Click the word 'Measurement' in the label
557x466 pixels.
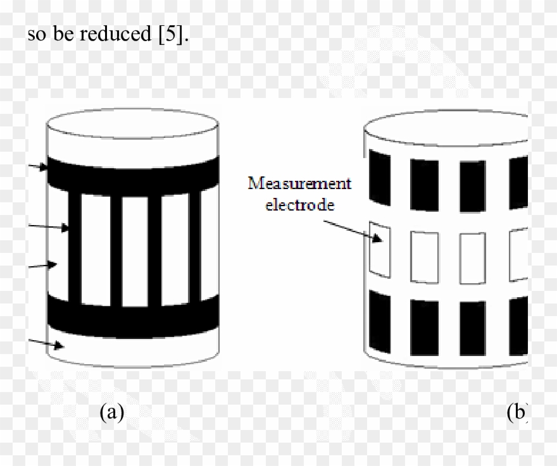[299, 184]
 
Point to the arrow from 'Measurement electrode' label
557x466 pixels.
[352, 228]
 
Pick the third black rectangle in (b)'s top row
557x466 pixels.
[472, 187]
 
